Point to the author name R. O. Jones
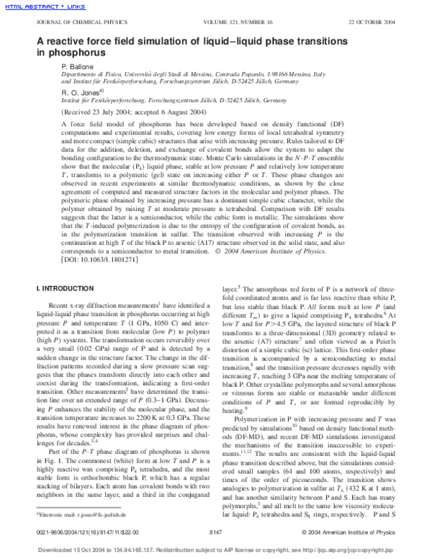(81, 92)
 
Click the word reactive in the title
(71, 41)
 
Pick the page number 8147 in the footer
(216, 531)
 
